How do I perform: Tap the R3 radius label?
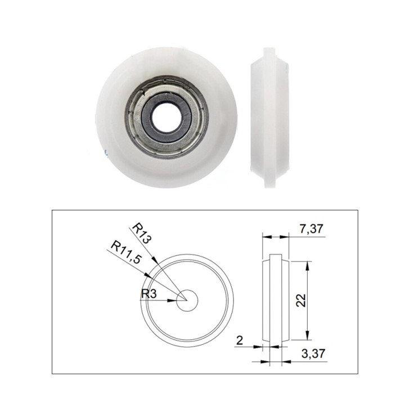click(x=149, y=292)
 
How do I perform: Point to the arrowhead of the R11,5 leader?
click(x=147, y=275)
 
